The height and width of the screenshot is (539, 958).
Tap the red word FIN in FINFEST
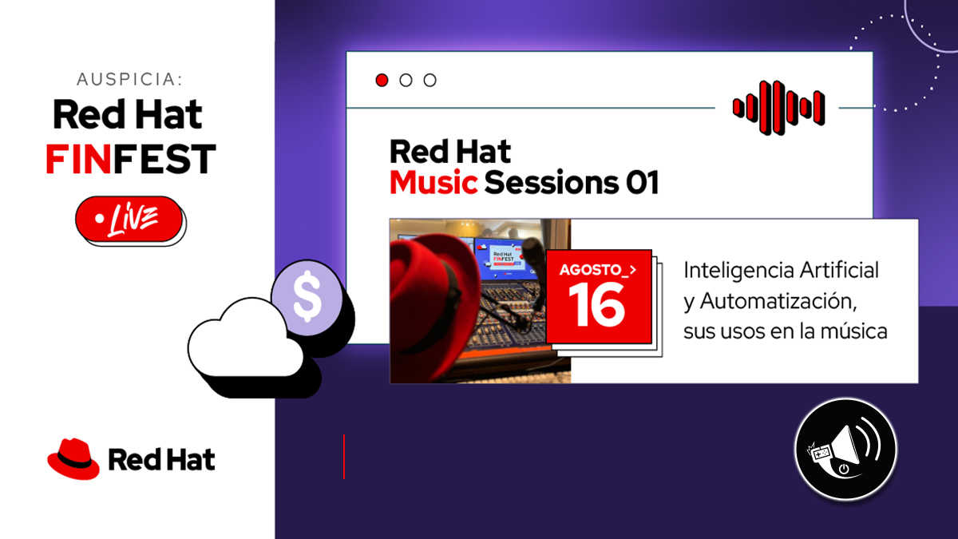pyautogui.click(x=78, y=159)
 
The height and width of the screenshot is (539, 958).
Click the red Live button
pyautogui.click(x=129, y=219)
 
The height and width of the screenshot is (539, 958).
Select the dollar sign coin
pyautogui.click(x=307, y=298)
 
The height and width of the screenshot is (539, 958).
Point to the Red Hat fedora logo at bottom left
pyautogui.click(x=73, y=458)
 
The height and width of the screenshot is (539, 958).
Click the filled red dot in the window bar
pyautogui.click(x=382, y=80)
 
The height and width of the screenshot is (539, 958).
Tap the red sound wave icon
pyautogui.click(x=779, y=108)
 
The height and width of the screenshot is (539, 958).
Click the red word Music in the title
pyautogui.click(x=433, y=183)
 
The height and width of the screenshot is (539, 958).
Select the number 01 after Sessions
pyautogui.click(x=643, y=183)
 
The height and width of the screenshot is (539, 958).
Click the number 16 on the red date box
pyautogui.click(x=597, y=304)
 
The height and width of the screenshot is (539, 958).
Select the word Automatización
pyautogui.click(x=778, y=301)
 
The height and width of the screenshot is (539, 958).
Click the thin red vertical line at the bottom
pyautogui.click(x=344, y=457)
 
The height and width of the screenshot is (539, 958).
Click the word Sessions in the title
pyautogui.click(x=552, y=183)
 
